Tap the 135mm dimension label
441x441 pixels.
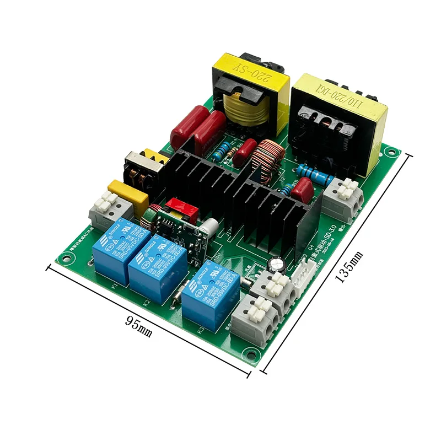[x=349, y=267]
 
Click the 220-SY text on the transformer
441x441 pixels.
[x=250, y=72]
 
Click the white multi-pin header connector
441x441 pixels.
[x=307, y=270]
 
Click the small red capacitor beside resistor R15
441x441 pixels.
[x=302, y=191]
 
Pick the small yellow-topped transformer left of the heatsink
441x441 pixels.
[x=144, y=166]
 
